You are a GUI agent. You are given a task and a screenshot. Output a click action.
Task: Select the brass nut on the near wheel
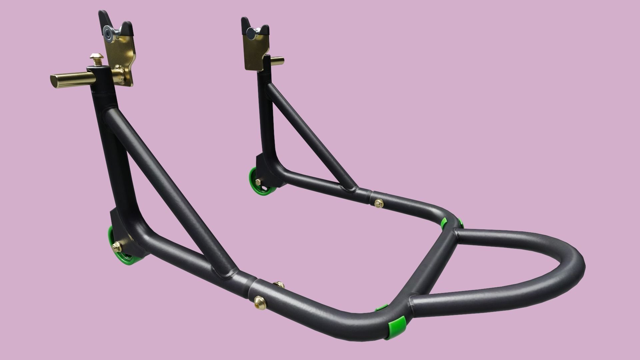[117, 247]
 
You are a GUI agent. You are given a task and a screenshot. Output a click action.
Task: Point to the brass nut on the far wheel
[258, 182]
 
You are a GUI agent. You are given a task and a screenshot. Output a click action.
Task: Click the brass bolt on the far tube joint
[378, 202]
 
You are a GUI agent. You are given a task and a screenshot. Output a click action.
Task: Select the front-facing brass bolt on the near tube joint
[258, 300]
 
